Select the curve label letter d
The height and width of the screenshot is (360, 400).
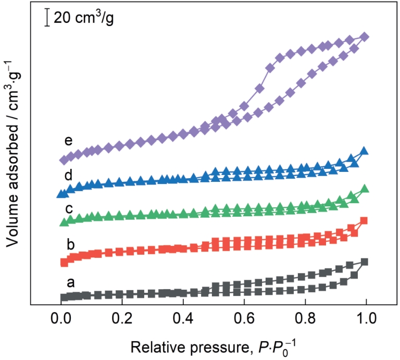(x=68, y=174)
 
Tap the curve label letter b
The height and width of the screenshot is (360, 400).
(x=71, y=243)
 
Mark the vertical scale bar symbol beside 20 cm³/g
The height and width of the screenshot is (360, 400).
(x=47, y=18)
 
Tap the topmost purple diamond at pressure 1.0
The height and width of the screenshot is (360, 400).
(x=365, y=37)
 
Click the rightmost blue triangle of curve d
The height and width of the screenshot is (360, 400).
(x=365, y=151)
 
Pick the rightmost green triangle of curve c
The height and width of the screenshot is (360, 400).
(x=365, y=189)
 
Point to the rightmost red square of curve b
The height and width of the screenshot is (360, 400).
(x=364, y=221)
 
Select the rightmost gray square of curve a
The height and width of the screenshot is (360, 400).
(x=365, y=262)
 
